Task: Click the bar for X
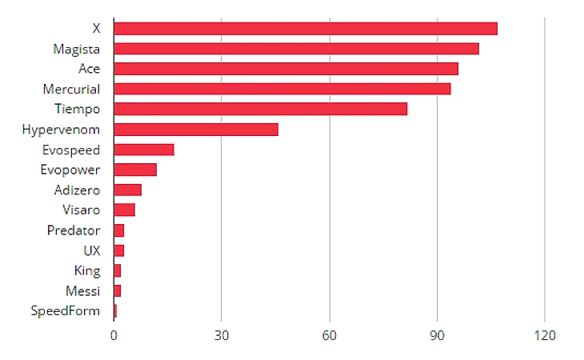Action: [x=306, y=29]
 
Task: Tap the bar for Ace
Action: [x=286, y=69]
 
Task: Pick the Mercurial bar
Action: [x=282, y=89]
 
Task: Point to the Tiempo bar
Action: [x=261, y=109]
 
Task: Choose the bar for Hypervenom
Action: [x=196, y=130]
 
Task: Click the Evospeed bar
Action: [x=144, y=150]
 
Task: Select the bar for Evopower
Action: [x=135, y=170]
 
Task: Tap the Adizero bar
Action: [x=128, y=190]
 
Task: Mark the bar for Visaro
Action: [x=125, y=210]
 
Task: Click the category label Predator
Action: [x=74, y=230]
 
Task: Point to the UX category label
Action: [x=92, y=250]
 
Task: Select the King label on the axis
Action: [x=87, y=270]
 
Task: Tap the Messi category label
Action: [x=84, y=290]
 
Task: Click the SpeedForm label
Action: [x=66, y=310]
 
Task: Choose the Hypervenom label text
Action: [x=62, y=130]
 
